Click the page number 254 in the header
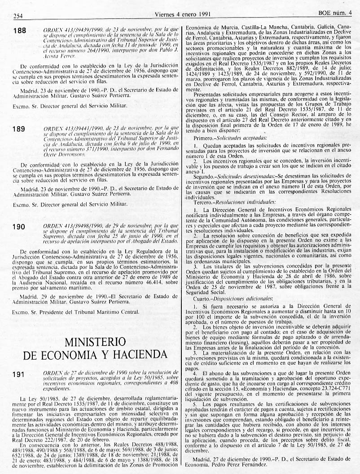tap(18, 16)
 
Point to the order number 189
tap(19, 129)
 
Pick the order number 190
tap(19, 227)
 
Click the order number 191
tap(19, 374)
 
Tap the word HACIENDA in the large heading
tap(131, 355)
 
